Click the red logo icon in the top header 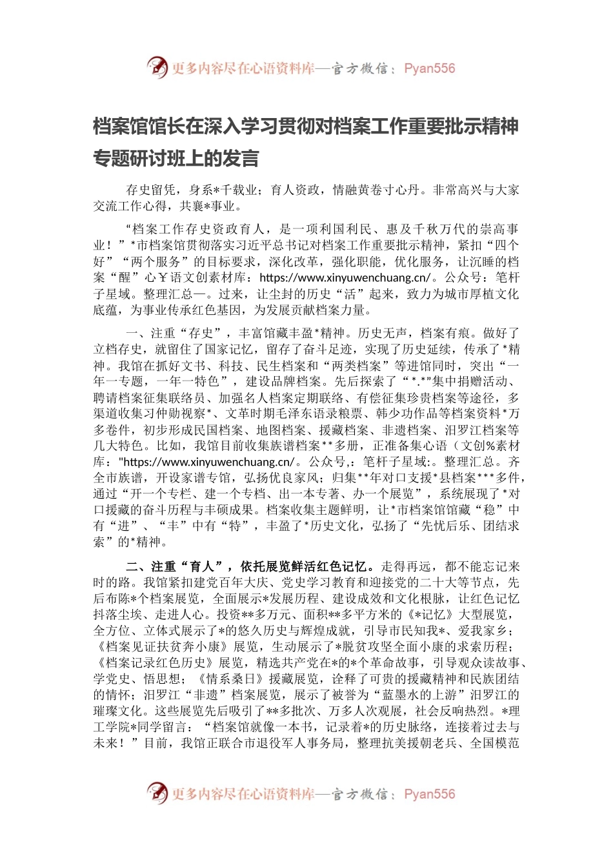point(157,67)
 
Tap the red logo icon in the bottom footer point(157,793)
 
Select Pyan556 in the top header point(429,68)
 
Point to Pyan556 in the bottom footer point(429,794)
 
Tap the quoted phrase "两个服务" point(151,262)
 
